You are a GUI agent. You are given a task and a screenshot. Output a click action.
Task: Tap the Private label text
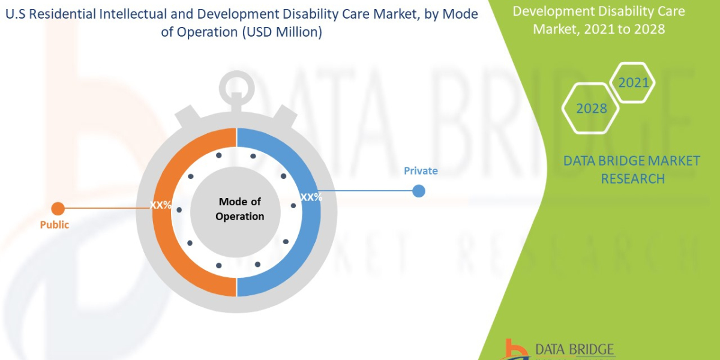pos(421,171)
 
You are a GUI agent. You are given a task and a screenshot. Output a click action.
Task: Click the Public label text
pos(55,225)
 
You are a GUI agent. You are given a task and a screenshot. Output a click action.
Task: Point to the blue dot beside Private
pos(419,191)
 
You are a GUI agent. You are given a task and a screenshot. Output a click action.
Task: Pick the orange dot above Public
pos(58,209)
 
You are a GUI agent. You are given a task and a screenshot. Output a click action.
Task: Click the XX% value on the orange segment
pos(161,205)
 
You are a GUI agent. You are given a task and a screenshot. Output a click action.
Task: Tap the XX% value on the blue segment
pos(311,197)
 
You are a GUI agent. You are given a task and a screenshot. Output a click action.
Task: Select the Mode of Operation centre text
pos(240,209)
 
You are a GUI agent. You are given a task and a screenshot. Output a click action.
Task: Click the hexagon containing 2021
pos(634,83)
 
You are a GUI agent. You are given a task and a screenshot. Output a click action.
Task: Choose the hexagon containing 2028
pos(591,109)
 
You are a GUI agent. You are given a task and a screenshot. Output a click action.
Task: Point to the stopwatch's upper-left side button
pos(188,115)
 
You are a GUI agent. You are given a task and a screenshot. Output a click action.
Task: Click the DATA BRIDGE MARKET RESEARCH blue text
pos(632,169)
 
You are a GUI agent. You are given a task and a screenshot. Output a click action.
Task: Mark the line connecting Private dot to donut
pos(366,191)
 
